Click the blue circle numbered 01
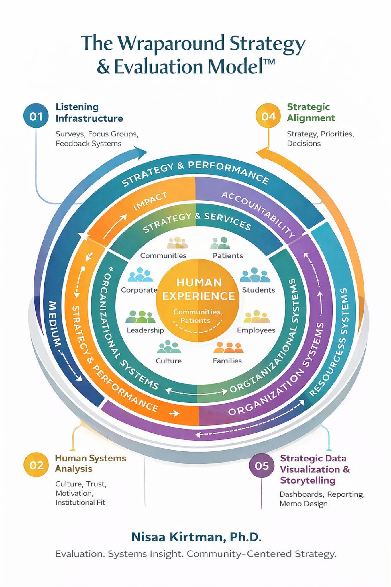36,116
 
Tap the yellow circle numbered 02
36,465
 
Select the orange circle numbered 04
268,116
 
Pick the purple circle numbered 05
262,465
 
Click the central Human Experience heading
199,289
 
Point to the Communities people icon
178,243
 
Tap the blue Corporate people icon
140,275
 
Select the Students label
258,290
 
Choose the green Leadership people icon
140,317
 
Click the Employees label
256,330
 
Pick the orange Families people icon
228,348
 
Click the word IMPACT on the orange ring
150,201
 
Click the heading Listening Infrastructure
89,113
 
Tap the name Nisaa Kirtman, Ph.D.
196,537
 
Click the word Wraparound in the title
171,44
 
